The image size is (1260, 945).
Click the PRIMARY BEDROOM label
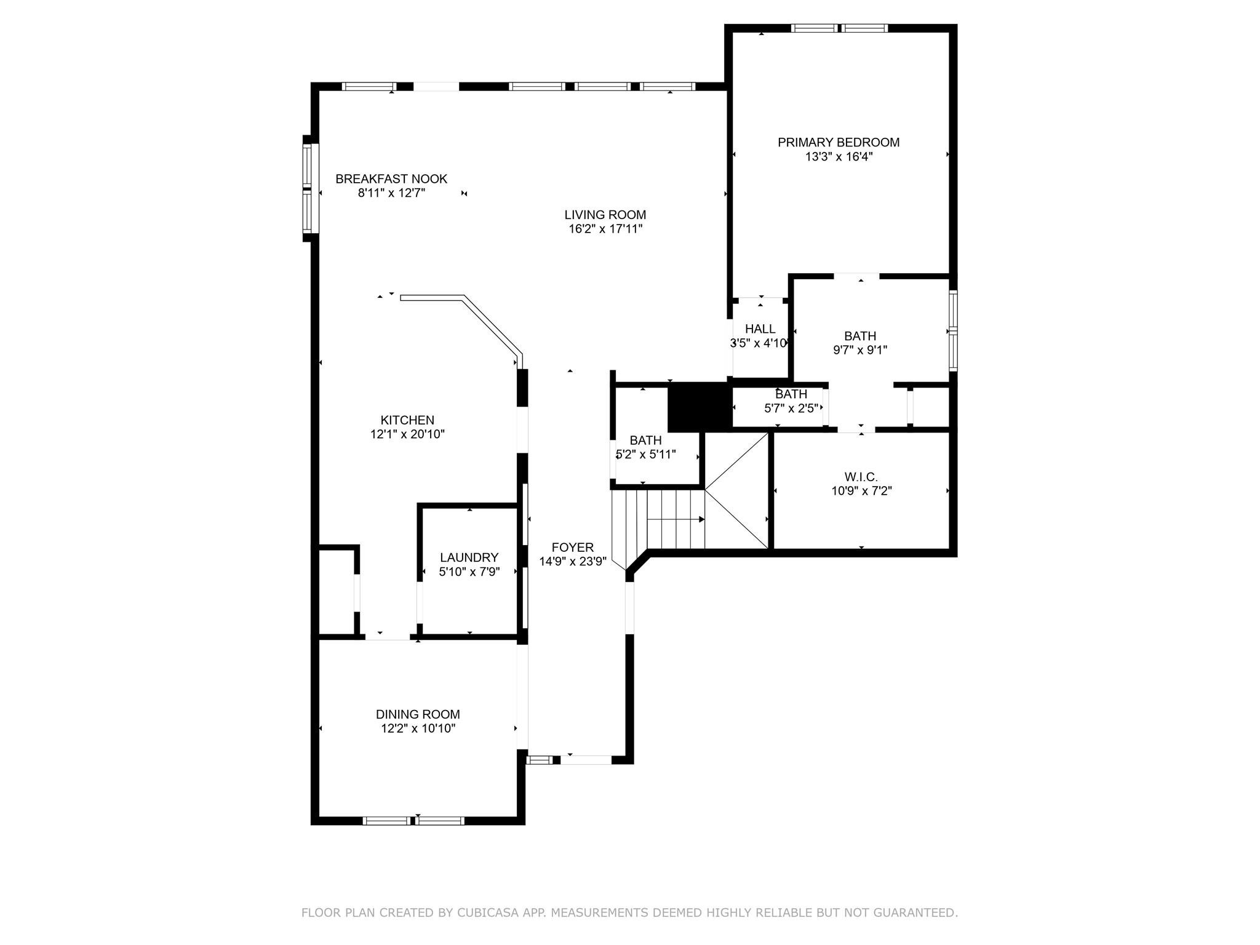[x=839, y=142]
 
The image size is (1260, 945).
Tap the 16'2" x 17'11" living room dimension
[x=605, y=229]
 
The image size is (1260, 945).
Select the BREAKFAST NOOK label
[x=391, y=179]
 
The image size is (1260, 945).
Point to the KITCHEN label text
[x=407, y=420]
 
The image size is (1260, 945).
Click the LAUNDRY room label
[x=469, y=557]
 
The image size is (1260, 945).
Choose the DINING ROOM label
[x=418, y=714]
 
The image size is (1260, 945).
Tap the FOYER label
[x=572, y=548]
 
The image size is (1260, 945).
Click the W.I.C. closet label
[x=861, y=477]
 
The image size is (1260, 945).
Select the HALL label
[x=760, y=329]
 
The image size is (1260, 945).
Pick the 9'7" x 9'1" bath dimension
[x=860, y=351]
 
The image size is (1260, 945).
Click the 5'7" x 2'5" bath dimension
[x=791, y=408]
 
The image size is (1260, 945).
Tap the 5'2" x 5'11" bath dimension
[x=645, y=455]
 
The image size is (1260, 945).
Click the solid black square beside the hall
[x=698, y=407]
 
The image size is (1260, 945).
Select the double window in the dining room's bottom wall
[x=413, y=820]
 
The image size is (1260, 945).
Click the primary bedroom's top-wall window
[x=839, y=28]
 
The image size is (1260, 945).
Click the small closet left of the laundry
[x=336, y=591]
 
